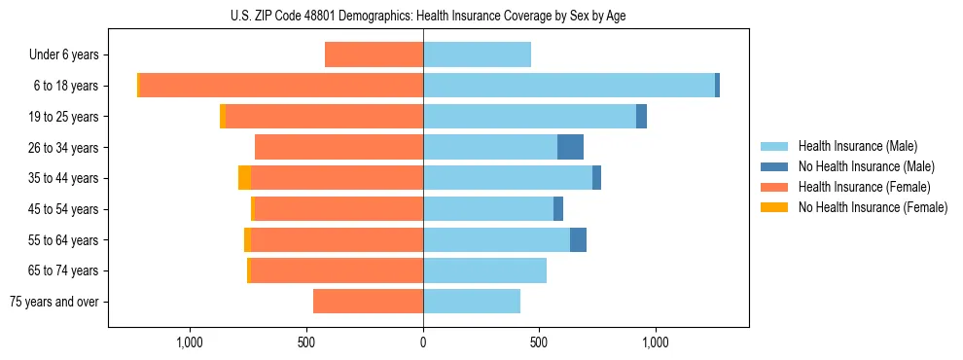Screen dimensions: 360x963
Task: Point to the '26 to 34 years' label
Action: [x=65, y=147]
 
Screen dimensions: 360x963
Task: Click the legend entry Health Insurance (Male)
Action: [x=857, y=146]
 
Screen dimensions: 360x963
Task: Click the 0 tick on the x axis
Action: [x=423, y=342]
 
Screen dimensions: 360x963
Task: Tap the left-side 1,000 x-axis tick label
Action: [x=190, y=342]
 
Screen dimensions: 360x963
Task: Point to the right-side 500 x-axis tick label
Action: [x=539, y=342]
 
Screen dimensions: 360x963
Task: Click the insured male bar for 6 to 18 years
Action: [x=569, y=86]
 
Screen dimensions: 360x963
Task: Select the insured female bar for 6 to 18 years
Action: [x=281, y=86]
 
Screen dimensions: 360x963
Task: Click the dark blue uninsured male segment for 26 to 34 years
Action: [x=570, y=147]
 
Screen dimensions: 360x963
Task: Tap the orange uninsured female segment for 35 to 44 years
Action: [x=244, y=178]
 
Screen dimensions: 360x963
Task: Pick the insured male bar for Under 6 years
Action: [x=477, y=54]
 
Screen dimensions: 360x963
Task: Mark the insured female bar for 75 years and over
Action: [x=368, y=302]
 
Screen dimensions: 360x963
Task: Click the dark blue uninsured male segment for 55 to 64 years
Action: [x=578, y=239]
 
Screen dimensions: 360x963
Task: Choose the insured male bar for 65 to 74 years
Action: [x=484, y=270]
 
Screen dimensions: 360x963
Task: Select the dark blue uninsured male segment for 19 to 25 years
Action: [x=641, y=117]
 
